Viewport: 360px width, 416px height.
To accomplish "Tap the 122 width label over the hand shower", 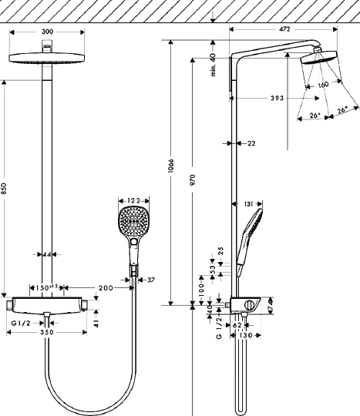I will point(133,200).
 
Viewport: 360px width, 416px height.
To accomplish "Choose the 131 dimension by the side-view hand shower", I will point(247,204).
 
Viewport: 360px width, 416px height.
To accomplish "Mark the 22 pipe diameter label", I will point(251,143).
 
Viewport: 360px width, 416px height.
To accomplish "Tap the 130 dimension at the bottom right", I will point(244,336).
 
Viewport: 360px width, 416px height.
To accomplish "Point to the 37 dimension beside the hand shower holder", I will point(150,280).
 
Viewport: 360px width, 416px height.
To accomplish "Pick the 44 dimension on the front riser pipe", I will point(48,253).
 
